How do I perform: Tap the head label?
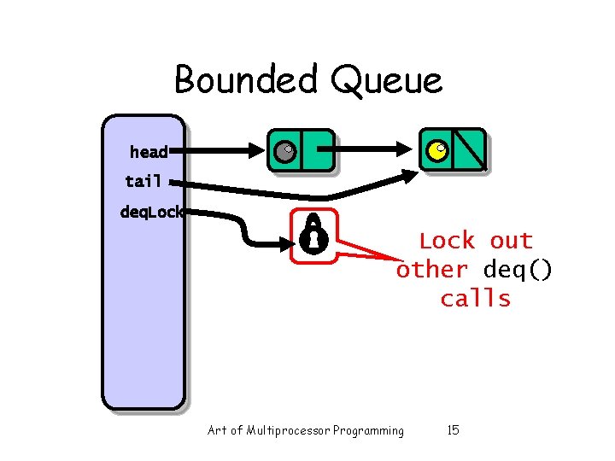tap(149, 152)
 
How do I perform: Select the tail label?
tap(143, 181)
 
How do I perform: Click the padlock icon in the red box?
tap(313, 234)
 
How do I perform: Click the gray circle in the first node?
tap(284, 153)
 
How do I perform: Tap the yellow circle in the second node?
tap(436, 152)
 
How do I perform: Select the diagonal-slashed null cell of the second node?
tap(470, 150)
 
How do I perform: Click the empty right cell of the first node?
tap(317, 152)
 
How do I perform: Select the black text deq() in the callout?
tap(518, 270)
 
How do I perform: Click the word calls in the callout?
tap(475, 299)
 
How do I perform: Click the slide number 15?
tap(453, 430)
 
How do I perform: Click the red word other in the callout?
tap(432, 270)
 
